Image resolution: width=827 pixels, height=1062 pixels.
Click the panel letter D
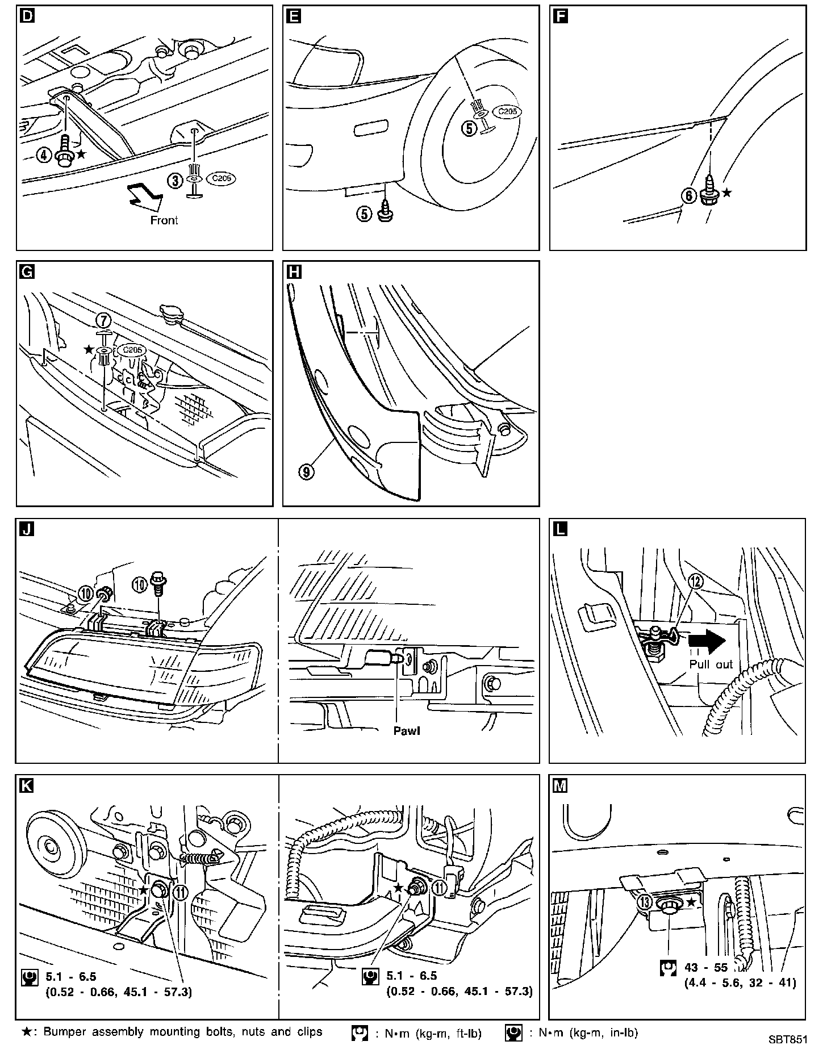[x=26, y=16]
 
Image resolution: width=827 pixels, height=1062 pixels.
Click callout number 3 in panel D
[x=175, y=180]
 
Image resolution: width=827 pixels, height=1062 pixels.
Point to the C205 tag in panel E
[x=506, y=112]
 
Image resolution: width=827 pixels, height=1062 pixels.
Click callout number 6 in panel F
[x=688, y=196]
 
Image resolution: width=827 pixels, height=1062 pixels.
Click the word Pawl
[x=407, y=730]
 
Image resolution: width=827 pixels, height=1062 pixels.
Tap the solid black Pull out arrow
[x=707, y=640]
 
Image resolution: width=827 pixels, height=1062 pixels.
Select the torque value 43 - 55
[x=706, y=968]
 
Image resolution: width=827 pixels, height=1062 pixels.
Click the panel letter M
[x=560, y=785]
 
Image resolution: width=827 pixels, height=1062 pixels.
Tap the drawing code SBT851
[x=787, y=1039]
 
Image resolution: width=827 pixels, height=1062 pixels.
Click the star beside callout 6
[x=726, y=193]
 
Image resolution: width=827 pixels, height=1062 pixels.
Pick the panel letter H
[x=293, y=272]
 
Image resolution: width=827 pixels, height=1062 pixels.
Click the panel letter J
[x=26, y=529]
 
